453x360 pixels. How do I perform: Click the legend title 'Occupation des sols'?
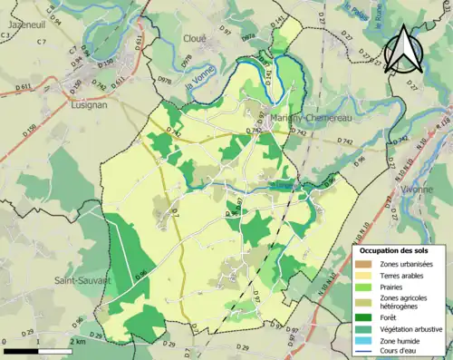(393, 250)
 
